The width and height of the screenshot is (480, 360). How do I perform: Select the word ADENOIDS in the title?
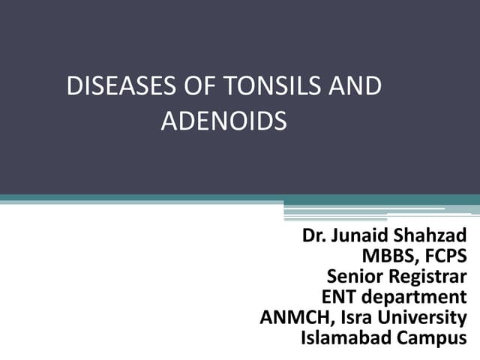[x=223, y=121]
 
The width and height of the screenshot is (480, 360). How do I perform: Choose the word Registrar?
[x=427, y=277]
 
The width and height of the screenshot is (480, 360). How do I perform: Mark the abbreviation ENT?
[x=339, y=297]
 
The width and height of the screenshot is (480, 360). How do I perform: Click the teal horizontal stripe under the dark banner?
[x=142, y=199]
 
